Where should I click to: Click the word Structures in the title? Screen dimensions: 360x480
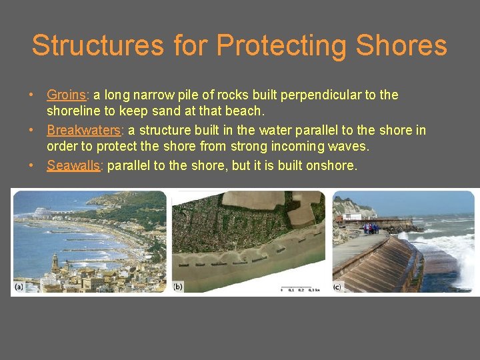pyautogui.click(x=97, y=45)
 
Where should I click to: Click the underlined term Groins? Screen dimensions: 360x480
pyautogui.click(x=66, y=95)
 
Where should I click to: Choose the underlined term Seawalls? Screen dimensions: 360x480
pyautogui.click(x=73, y=166)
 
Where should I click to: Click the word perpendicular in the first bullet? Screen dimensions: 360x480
pyautogui.click(x=322, y=95)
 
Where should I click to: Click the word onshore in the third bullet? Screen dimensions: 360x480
pyautogui.click(x=331, y=166)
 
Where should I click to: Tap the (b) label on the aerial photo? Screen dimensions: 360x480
pyautogui.click(x=179, y=287)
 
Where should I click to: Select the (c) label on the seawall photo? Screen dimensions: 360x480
pyautogui.click(x=337, y=287)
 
